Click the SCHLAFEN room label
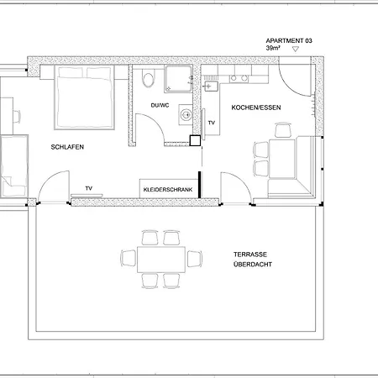[67, 147]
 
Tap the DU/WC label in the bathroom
[160, 106]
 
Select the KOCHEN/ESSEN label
[256, 108]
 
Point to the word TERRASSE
[250, 255]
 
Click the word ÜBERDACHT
[253, 265]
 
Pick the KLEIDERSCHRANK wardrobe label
[168, 190]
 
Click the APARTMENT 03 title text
[289, 41]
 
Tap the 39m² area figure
[273, 48]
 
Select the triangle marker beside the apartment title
[296, 49]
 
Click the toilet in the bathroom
[148, 79]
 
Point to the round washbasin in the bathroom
[186, 114]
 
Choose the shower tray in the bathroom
[178, 79]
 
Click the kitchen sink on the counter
[211, 87]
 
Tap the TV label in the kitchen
[212, 123]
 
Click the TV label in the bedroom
[89, 188]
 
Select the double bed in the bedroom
[84, 97]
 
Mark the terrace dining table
[161, 260]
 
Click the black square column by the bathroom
[195, 140]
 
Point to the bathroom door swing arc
[154, 123]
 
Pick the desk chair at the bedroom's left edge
[17, 117]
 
